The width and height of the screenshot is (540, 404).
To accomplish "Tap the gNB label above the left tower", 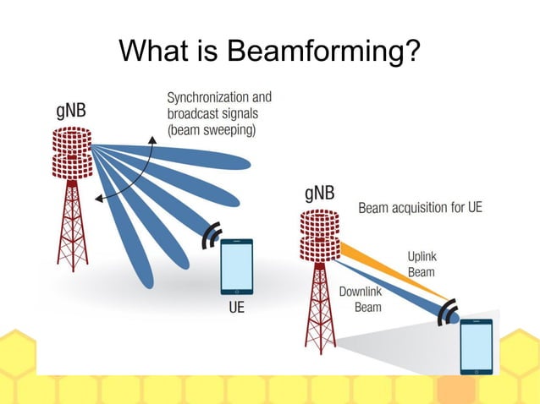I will tap(76, 112).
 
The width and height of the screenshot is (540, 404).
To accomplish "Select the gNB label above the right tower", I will tap(319, 194).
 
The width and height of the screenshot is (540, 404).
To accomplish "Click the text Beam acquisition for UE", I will tap(420, 207).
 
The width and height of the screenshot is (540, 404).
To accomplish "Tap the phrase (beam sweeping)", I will tap(211, 130).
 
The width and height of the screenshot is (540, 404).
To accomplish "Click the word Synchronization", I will tap(203, 98).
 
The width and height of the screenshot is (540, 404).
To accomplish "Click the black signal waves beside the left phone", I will tap(211, 236).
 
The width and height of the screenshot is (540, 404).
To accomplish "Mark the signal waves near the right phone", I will tap(449, 310).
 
